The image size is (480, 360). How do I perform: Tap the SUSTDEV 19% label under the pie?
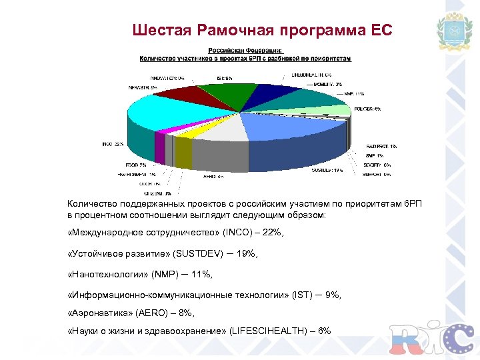pyautogui.click(x=327, y=170)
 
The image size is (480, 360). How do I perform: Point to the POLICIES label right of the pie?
pyautogui.click(x=368, y=109)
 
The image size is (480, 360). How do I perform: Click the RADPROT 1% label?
pyautogui.click(x=381, y=146)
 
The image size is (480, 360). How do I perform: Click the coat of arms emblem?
pyautogui.click(x=453, y=33)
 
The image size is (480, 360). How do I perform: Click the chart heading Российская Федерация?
pyautogui.click(x=245, y=50)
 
